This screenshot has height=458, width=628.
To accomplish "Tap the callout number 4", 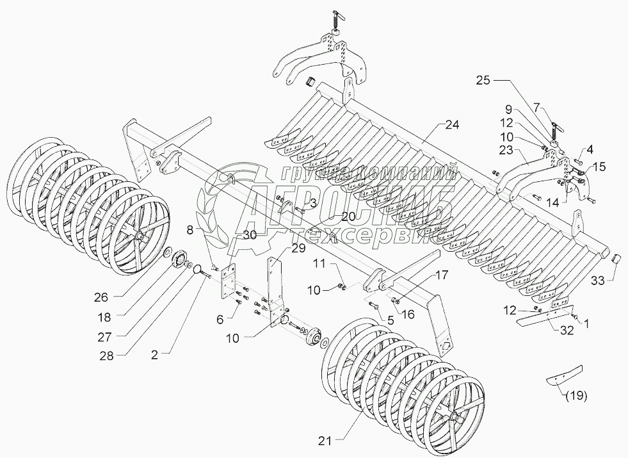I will pyautogui.click(x=590, y=150).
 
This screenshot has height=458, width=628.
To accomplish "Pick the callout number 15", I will pyautogui.click(x=598, y=168).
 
